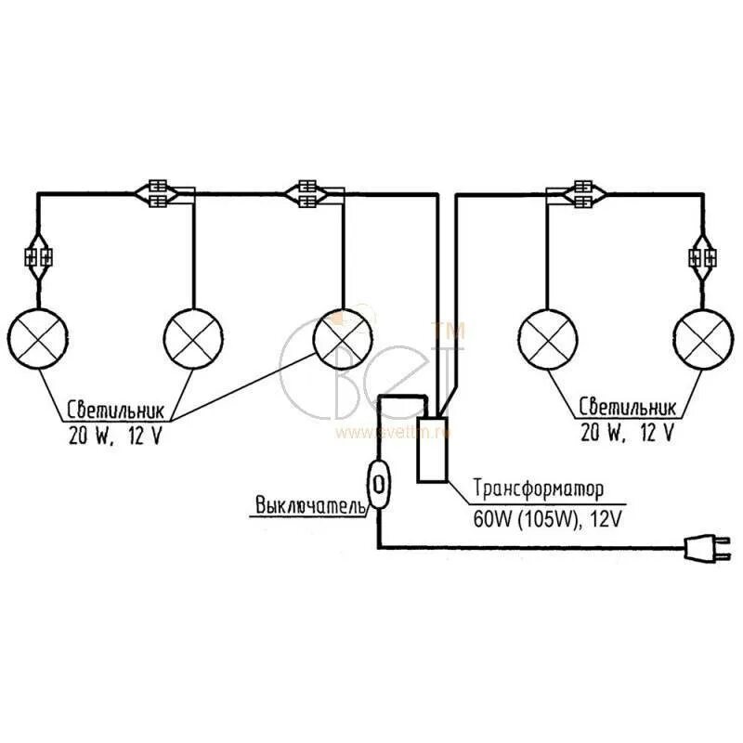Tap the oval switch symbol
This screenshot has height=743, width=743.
click(379, 483)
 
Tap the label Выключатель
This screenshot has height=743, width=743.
click(310, 505)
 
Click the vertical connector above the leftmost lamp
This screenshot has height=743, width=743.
click(38, 257)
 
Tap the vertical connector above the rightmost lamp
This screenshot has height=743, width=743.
click(703, 257)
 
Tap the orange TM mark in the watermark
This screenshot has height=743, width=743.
click(449, 329)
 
